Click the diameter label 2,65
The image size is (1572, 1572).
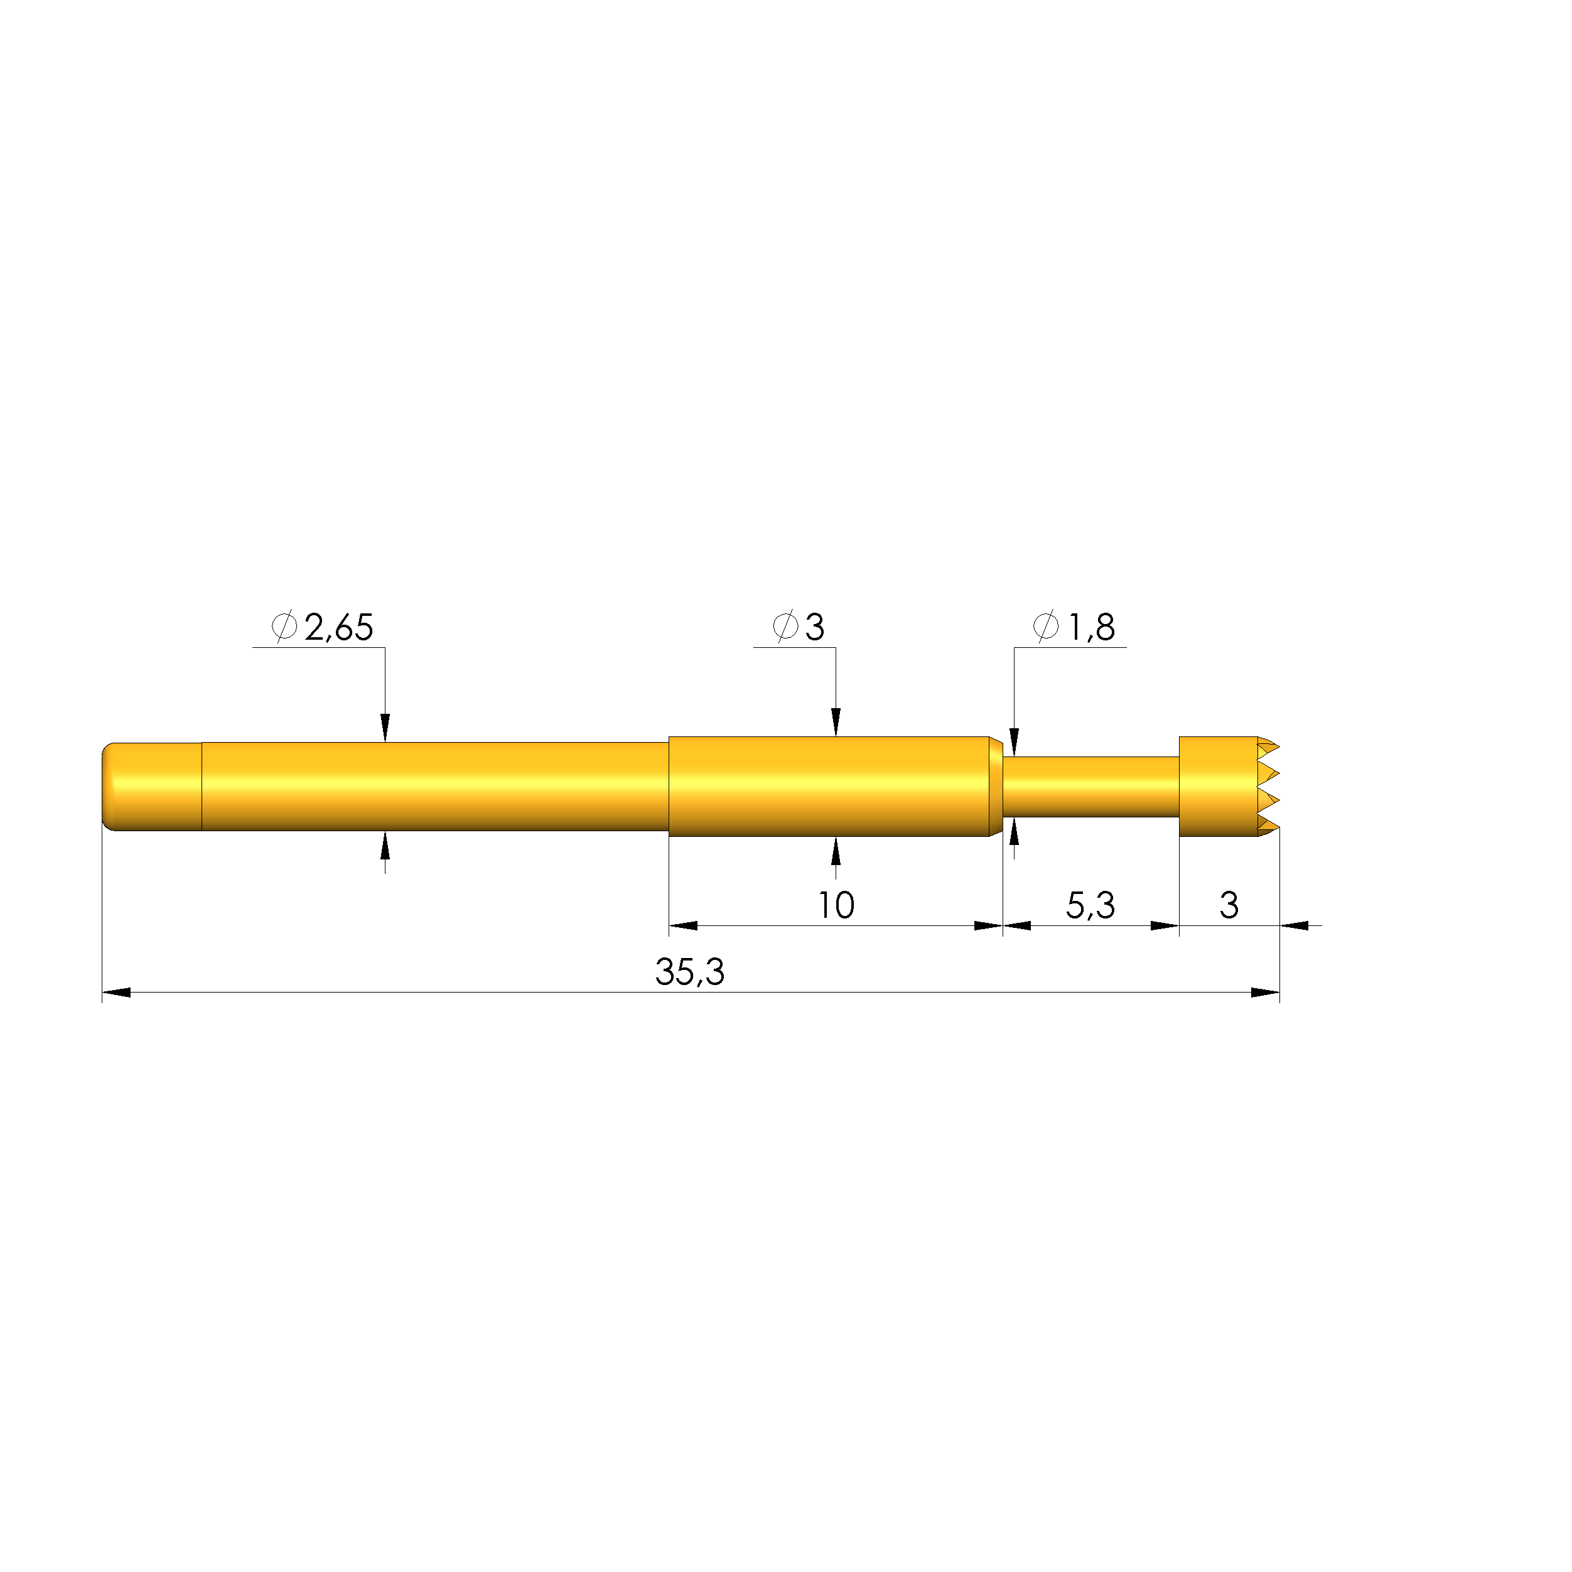338,627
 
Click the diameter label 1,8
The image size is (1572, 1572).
1090,627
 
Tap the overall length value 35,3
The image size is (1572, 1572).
689,972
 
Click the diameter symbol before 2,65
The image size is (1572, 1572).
284,627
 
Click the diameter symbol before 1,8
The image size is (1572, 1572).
1045,627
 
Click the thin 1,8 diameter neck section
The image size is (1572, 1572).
1090,786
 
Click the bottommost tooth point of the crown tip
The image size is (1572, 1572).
1278,827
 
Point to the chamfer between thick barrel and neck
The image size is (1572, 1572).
995,786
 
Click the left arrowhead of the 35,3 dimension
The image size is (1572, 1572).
116,993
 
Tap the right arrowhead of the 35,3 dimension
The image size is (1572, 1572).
1265,993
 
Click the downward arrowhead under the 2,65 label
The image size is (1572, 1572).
385,728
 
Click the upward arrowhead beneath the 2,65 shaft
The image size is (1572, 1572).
385,846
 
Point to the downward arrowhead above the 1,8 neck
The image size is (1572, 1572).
1014,742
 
